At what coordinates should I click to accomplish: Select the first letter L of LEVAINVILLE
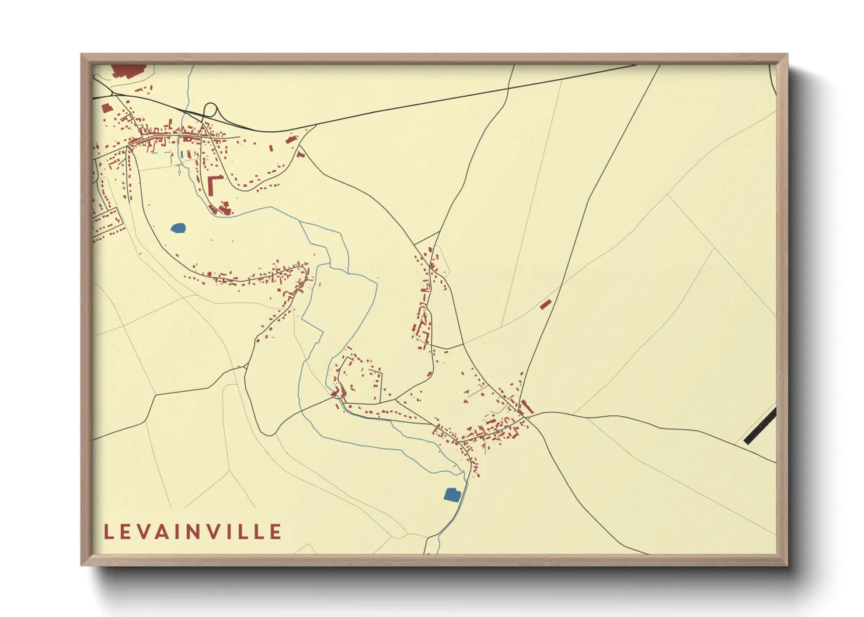tap(109, 532)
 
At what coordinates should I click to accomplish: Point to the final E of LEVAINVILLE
tap(276, 532)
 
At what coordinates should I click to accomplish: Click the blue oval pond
tap(178, 228)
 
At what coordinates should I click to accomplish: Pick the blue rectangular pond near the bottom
tap(452, 495)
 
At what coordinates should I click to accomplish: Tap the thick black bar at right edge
tap(760, 427)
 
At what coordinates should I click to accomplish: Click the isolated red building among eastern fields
tap(546, 304)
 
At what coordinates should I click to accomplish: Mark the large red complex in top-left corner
tap(128, 70)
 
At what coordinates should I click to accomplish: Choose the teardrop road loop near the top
tap(210, 110)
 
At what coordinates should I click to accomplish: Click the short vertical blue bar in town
tap(181, 154)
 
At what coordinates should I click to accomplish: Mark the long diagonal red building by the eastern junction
tap(526, 406)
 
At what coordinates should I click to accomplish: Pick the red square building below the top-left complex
tap(106, 108)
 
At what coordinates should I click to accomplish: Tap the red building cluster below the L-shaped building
tap(222, 208)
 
